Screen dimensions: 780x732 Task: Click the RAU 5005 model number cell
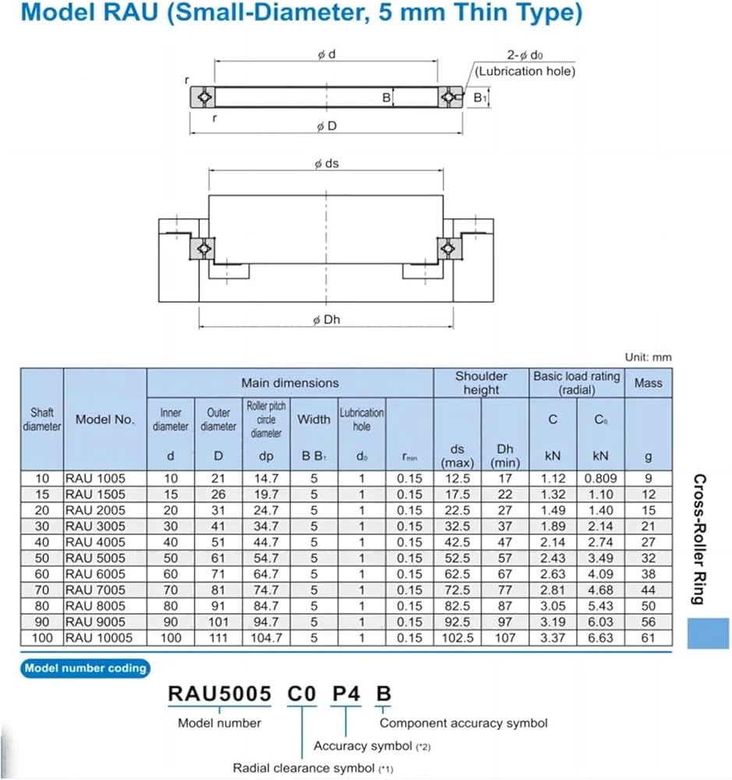pyautogui.click(x=94, y=558)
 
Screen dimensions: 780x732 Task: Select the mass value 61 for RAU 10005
pyautogui.click(x=648, y=638)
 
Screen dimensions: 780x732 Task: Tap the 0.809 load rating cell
pyautogui.click(x=600, y=478)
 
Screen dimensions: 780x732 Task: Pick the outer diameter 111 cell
pyautogui.click(x=218, y=638)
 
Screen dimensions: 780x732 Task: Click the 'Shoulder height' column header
pyautogui.click(x=481, y=382)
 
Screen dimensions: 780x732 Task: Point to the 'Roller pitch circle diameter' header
pyautogui.click(x=266, y=419)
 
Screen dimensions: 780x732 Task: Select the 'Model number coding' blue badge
pyautogui.click(x=85, y=668)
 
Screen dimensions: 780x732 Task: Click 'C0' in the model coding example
pyautogui.click(x=302, y=693)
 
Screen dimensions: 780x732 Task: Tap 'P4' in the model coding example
pyautogui.click(x=346, y=693)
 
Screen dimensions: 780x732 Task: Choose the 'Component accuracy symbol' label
pyautogui.click(x=463, y=723)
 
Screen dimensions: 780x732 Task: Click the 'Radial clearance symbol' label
pyautogui.click(x=306, y=768)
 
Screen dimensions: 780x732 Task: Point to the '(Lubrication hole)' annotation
pyautogui.click(x=525, y=71)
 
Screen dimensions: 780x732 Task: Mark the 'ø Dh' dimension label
pyautogui.click(x=326, y=320)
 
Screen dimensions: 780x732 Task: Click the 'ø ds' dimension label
pyautogui.click(x=326, y=164)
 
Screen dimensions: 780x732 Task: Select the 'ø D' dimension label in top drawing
pyautogui.click(x=326, y=127)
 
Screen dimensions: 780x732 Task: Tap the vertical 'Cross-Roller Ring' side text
pyautogui.click(x=699, y=539)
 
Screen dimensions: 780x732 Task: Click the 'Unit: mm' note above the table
pyautogui.click(x=648, y=357)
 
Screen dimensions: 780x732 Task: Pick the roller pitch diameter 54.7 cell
pyautogui.click(x=266, y=558)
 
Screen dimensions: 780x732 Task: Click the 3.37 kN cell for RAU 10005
pyautogui.click(x=553, y=638)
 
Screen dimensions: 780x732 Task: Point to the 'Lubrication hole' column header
pyautogui.click(x=362, y=419)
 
